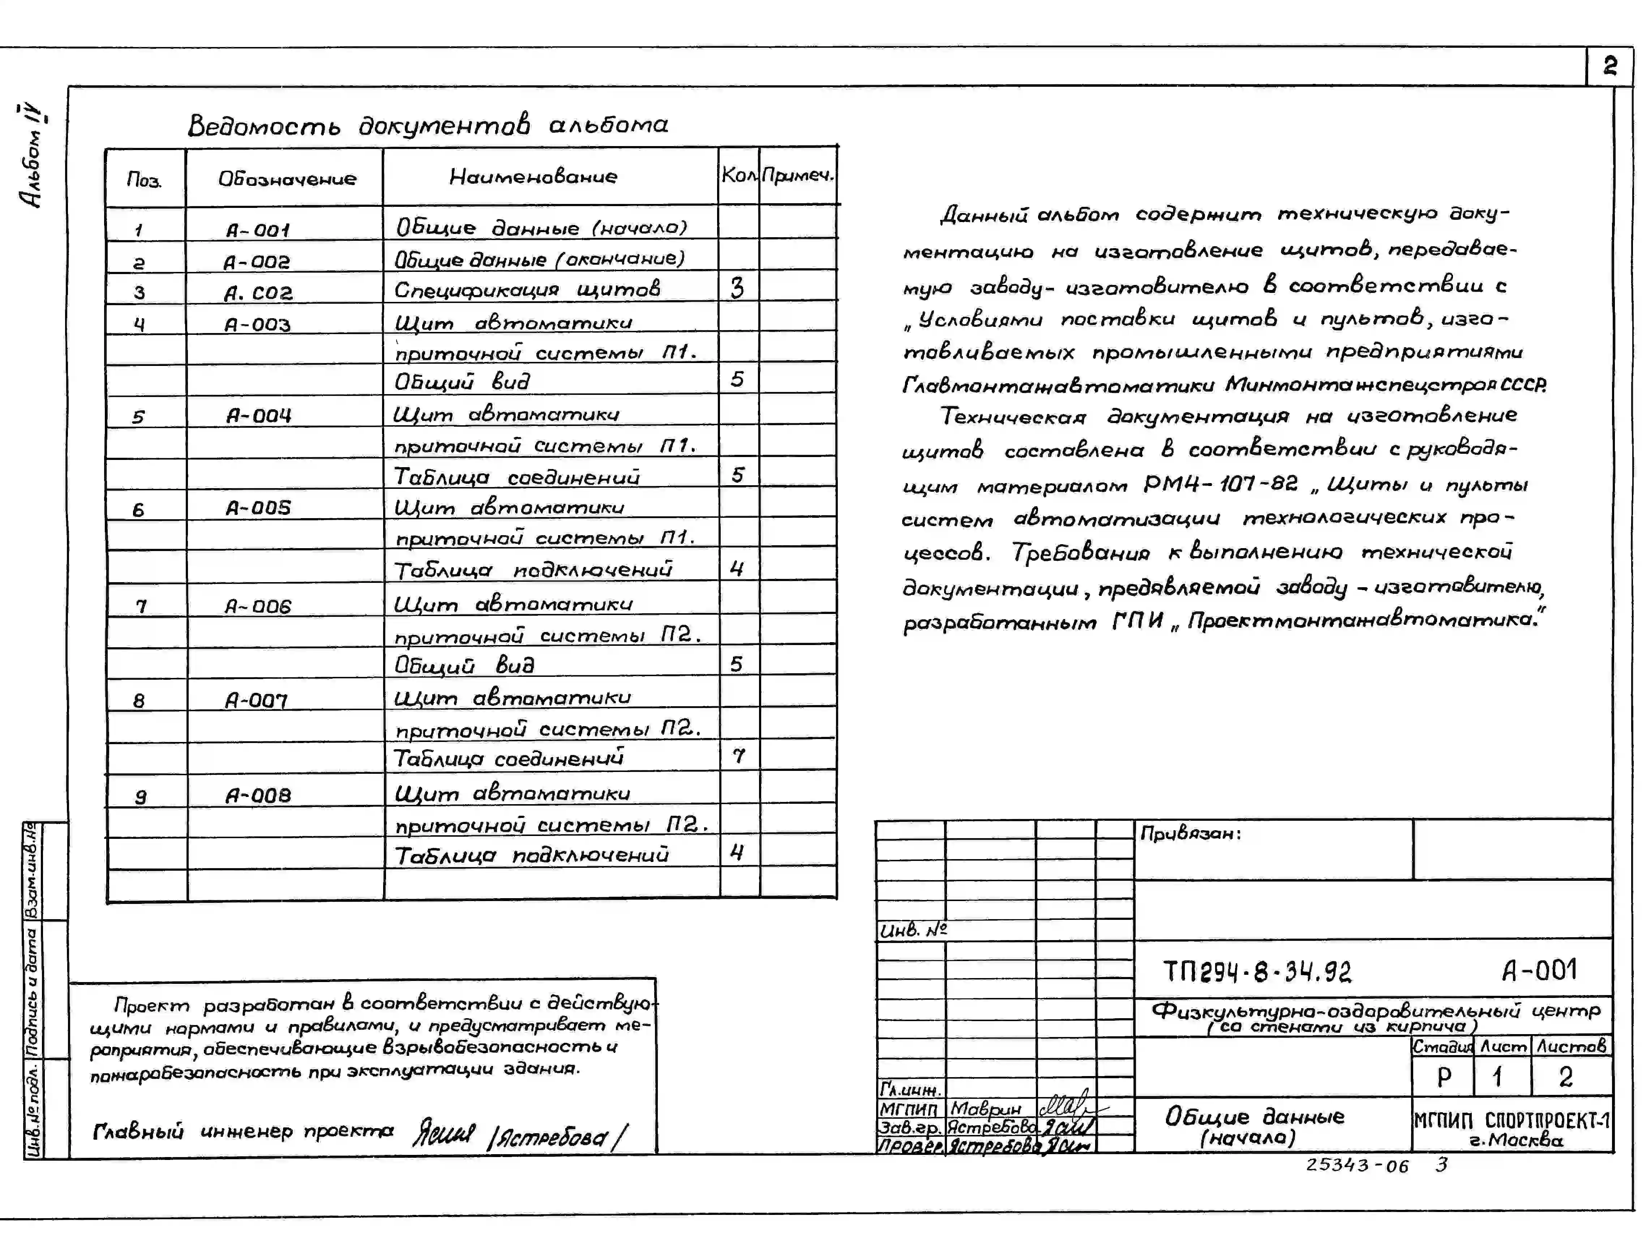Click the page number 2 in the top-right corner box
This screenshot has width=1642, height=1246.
point(1609,67)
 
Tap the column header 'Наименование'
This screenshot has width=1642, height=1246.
point(533,177)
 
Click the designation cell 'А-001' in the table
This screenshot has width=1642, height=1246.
point(258,230)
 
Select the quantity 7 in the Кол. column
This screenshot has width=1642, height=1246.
point(738,756)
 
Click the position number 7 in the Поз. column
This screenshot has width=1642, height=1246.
point(141,607)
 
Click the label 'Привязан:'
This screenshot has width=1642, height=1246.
point(1190,833)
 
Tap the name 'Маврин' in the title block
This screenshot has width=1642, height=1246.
point(986,1109)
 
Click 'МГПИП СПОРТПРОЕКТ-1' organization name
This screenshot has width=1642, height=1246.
point(1512,1120)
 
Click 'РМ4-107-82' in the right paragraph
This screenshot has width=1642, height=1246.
point(1220,484)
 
